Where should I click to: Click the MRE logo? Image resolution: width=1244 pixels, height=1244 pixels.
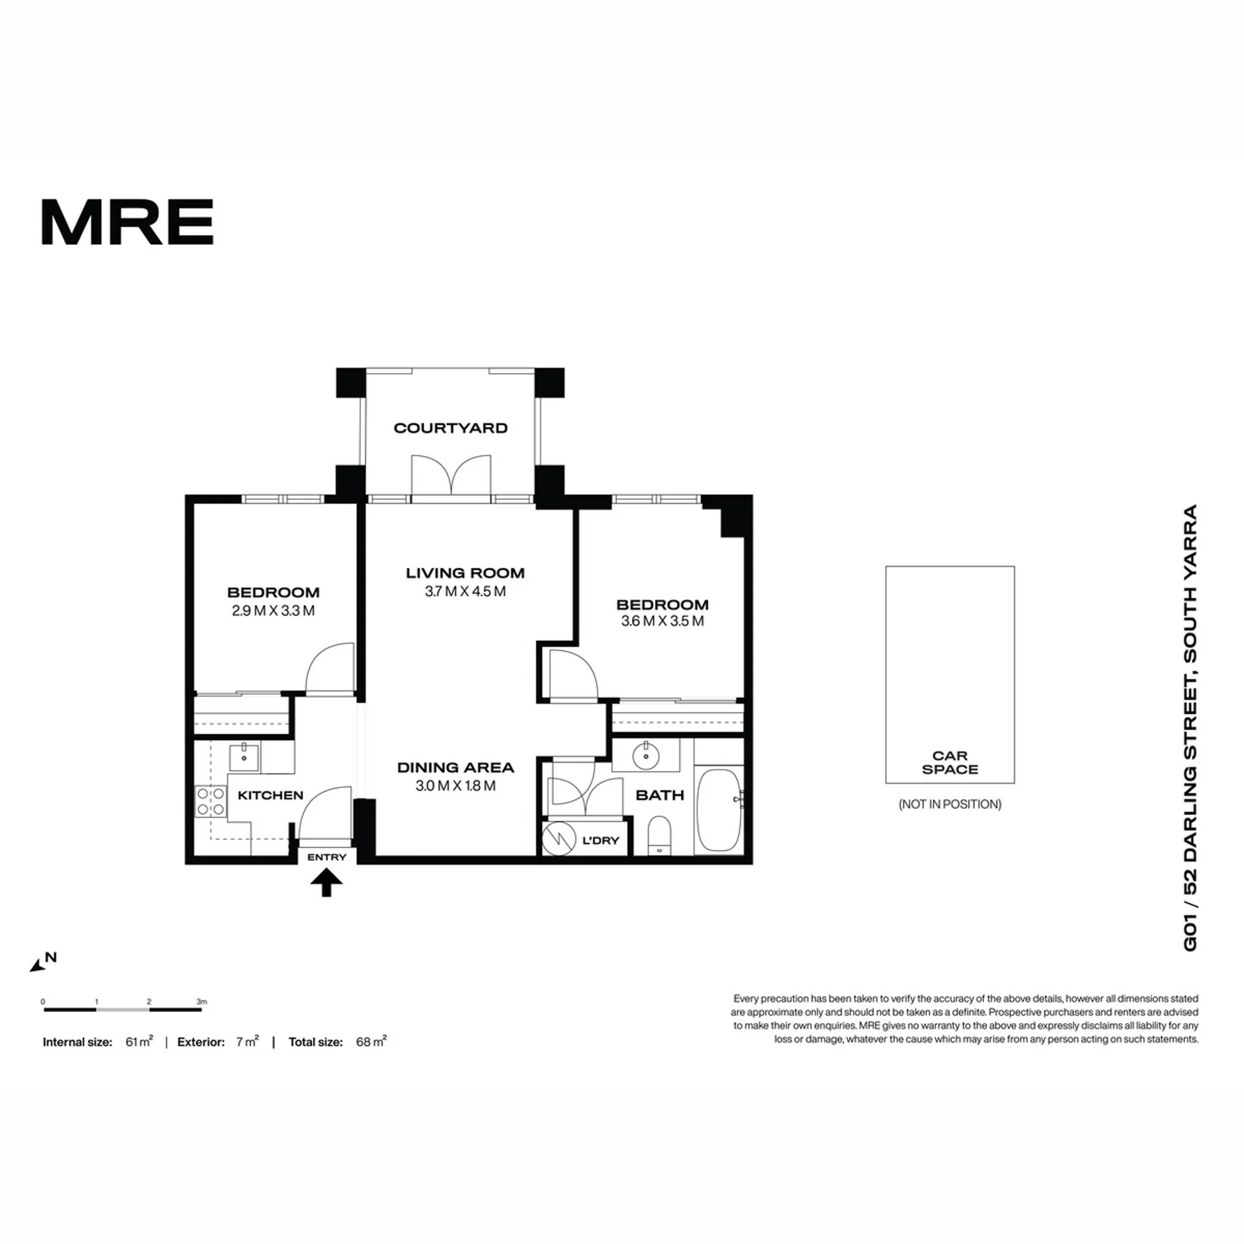pos(128,222)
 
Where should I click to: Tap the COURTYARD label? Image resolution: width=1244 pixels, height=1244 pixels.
pos(450,428)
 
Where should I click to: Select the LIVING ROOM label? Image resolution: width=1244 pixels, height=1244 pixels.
pos(465,573)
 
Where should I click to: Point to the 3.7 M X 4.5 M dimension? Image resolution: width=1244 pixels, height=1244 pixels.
pos(465,592)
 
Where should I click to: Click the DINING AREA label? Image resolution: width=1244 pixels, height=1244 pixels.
pos(455,767)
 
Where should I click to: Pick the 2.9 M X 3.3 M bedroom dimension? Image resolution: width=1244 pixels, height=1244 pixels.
pos(273,611)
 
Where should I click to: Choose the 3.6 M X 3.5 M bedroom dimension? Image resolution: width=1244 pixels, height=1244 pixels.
pos(662,621)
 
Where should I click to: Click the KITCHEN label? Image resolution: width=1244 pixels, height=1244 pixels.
pos(270,795)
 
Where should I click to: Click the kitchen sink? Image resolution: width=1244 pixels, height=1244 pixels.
pos(244,757)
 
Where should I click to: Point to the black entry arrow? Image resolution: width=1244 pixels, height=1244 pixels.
pos(327,882)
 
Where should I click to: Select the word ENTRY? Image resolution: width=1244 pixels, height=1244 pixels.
pos(327,857)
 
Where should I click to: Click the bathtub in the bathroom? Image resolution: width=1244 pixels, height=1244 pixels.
pos(719,811)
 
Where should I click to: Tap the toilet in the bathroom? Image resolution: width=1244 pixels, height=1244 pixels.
pos(660,835)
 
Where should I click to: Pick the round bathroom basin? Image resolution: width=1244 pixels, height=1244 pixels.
pos(646,755)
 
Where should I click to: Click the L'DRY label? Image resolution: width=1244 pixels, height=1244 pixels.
pos(601,840)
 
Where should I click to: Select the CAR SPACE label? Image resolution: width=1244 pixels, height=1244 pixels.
pos(950,763)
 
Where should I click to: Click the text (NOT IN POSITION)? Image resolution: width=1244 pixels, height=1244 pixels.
pos(950,804)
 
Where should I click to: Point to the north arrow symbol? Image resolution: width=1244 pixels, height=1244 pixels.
pos(39,965)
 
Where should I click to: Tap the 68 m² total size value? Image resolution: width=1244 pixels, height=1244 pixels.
pos(371,1042)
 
